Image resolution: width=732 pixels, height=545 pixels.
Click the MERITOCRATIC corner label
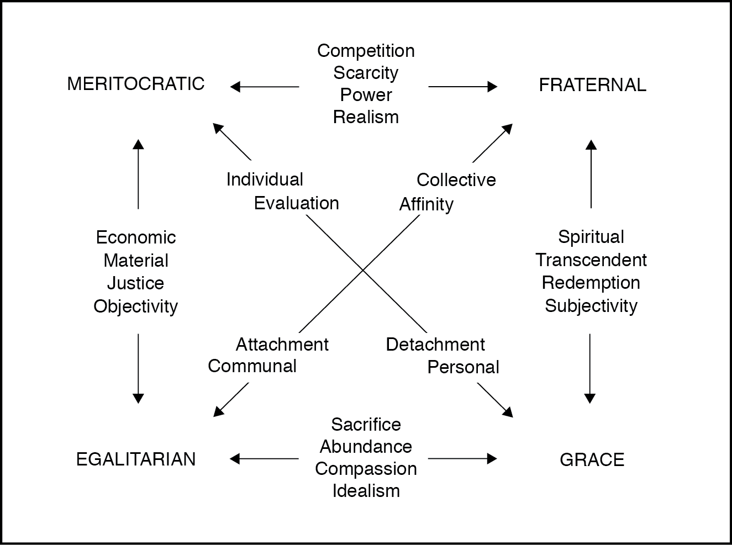tap(136, 84)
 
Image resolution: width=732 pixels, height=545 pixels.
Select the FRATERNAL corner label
tap(592, 85)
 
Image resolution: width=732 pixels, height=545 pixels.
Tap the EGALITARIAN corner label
tap(136, 459)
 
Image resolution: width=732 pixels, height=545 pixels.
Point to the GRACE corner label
tap(592, 460)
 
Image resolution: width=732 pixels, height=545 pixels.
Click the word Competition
tap(366, 51)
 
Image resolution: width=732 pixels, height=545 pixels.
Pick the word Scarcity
tap(366, 73)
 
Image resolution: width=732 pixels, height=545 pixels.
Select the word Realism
tap(366, 117)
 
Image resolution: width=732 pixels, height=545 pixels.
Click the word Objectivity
tap(136, 306)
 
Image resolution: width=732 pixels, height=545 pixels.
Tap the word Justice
tap(136, 283)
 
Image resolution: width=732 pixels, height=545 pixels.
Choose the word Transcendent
tap(591, 260)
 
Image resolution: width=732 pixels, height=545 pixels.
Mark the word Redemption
tap(591, 283)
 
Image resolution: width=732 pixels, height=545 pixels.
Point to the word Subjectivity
tap(591, 306)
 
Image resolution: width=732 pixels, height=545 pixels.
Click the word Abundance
tap(366, 447)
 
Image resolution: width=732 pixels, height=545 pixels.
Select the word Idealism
tap(366, 491)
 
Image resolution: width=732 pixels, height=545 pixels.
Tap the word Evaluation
tap(297, 203)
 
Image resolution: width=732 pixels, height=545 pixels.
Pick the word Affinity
tap(426, 204)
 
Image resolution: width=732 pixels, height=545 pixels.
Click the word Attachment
tap(282, 345)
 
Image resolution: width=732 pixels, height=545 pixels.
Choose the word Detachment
tap(435, 345)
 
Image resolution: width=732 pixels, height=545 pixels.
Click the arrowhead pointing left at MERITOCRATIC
tap(235, 87)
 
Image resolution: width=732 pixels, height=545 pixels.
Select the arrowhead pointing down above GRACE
tap(590, 398)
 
